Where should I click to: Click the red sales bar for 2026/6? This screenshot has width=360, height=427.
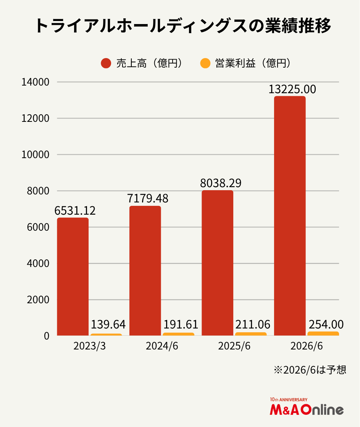290,216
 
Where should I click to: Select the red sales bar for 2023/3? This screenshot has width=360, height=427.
73,277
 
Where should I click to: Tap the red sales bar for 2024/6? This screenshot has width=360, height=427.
145,271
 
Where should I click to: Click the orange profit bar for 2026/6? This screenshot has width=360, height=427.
323,333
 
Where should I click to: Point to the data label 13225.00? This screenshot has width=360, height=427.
292,89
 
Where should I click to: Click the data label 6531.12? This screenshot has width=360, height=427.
75,211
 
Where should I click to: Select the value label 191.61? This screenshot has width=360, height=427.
181,325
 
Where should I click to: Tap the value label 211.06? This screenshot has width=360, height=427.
253,325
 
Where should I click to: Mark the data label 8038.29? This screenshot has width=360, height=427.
220,183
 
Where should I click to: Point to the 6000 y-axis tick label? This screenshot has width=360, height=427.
39,227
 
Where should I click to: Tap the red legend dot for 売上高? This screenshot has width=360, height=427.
106,63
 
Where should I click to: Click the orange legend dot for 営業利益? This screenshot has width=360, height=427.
205,63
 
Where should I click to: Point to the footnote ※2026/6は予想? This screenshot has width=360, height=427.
310,370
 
